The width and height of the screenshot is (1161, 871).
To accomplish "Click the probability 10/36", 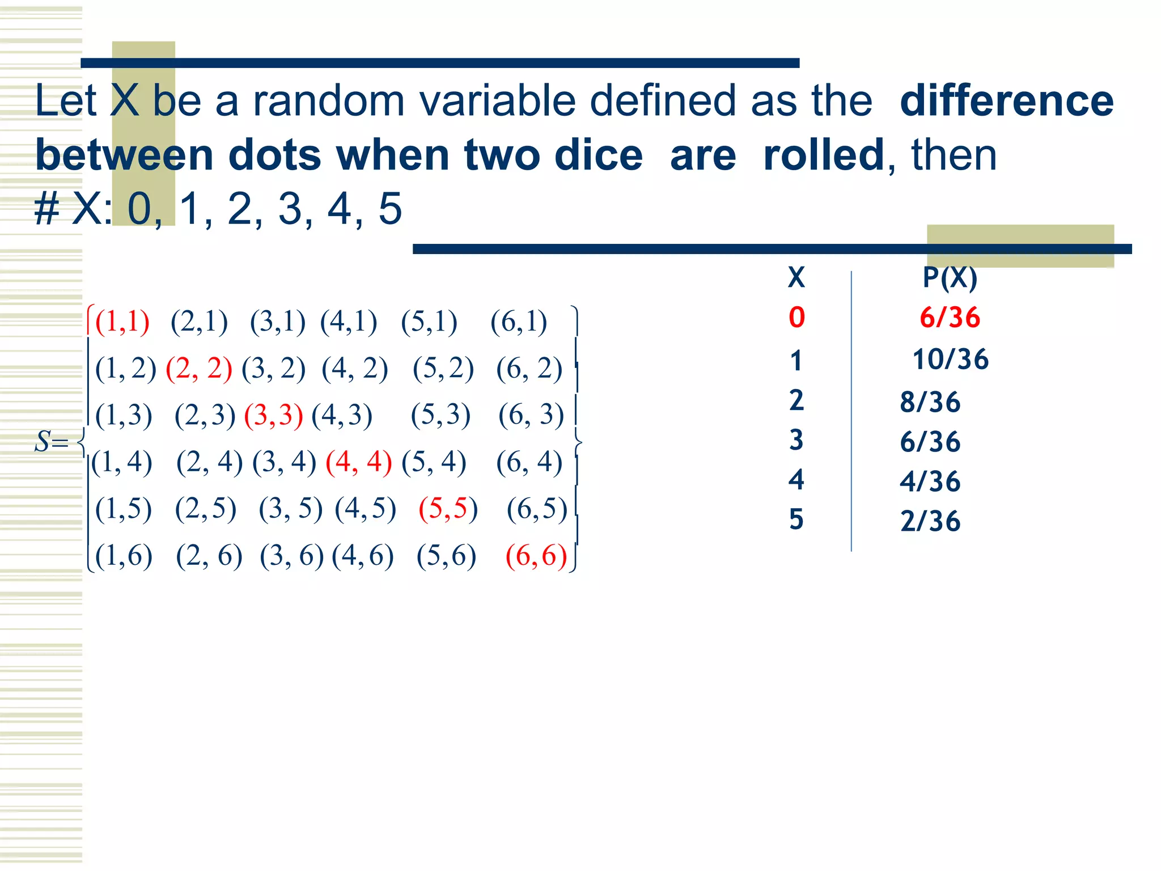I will point(950,360).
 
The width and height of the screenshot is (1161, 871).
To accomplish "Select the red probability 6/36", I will point(950,318).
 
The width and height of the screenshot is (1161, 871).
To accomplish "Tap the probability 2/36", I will point(930,521).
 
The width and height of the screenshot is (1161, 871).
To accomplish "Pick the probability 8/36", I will point(930,402).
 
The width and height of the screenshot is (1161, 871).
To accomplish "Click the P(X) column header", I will point(950,278).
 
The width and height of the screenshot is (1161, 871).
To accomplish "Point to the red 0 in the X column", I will point(796,318).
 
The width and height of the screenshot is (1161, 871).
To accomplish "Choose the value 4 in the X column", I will point(796,480).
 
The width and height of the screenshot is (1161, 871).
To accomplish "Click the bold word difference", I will point(1007,101).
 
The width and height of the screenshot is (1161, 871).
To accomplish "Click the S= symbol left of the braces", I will point(52,441).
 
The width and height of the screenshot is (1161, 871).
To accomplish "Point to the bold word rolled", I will point(823,155).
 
